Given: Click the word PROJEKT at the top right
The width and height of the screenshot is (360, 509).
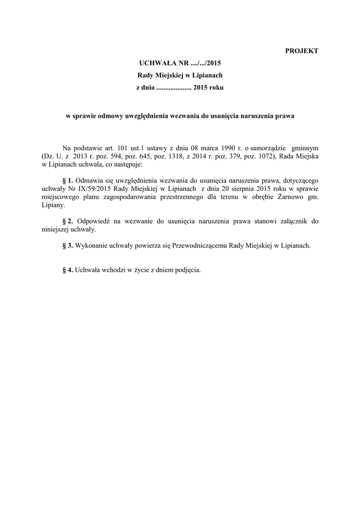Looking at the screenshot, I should pyautogui.click(x=301, y=51).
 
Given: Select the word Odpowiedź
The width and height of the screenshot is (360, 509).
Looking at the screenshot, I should pyautogui.click(x=96, y=221).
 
